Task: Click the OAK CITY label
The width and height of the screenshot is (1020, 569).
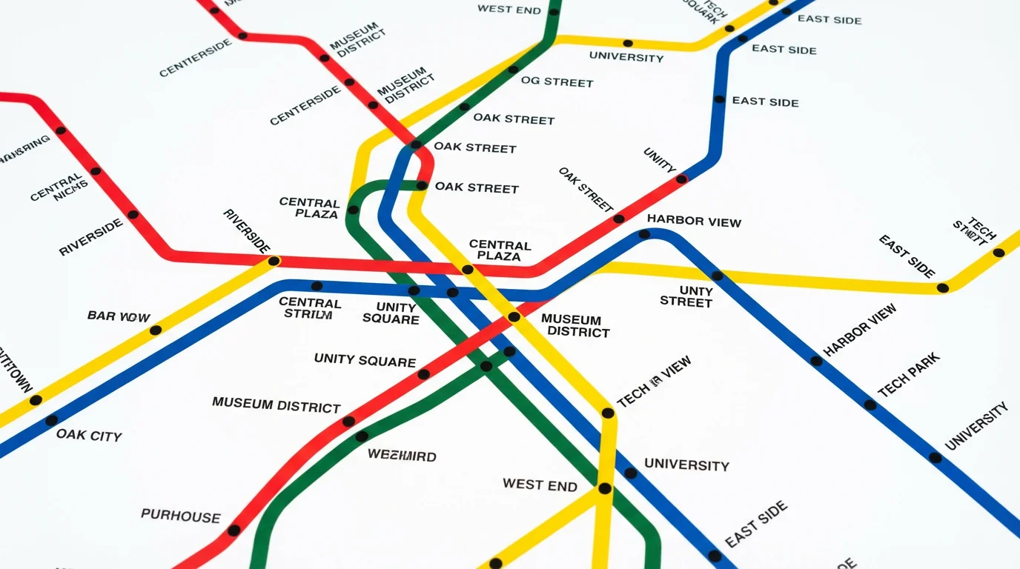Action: click(88, 435)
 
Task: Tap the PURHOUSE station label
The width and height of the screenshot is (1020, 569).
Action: click(180, 516)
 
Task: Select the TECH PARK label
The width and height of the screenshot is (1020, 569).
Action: click(908, 374)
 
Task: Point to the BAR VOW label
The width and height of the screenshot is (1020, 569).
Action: click(119, 316)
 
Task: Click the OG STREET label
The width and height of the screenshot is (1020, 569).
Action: click(557, 81)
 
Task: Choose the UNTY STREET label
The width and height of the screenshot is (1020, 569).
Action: click(686, 296)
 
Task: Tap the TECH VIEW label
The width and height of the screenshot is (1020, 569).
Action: click(654, 382)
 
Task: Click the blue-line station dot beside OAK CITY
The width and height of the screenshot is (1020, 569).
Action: click(51, 420)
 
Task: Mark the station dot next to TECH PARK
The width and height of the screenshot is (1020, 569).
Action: click(870, 405)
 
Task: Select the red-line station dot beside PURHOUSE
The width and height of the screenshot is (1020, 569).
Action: click(234, 530)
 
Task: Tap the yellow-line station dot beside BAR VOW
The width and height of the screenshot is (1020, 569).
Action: click(155, 330)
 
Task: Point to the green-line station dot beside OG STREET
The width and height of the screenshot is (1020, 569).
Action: click(512, 70)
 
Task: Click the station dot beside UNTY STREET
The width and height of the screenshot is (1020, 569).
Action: click(717, 276)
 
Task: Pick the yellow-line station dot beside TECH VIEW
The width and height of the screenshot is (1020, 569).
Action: click(607, 413)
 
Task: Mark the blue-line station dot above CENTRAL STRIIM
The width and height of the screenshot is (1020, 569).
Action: click(317, 286)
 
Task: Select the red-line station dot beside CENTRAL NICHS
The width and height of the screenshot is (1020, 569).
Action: click(96, 171)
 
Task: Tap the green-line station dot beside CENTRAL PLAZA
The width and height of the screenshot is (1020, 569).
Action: click(353, 210)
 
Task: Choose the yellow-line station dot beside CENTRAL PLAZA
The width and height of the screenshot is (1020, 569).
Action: click(467, 270)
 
